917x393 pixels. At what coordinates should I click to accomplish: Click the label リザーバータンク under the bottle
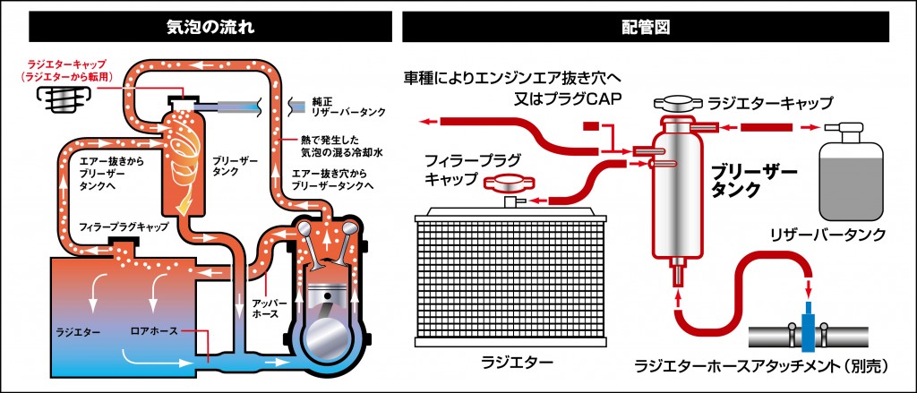pyautogui.click(x=827, y=235)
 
